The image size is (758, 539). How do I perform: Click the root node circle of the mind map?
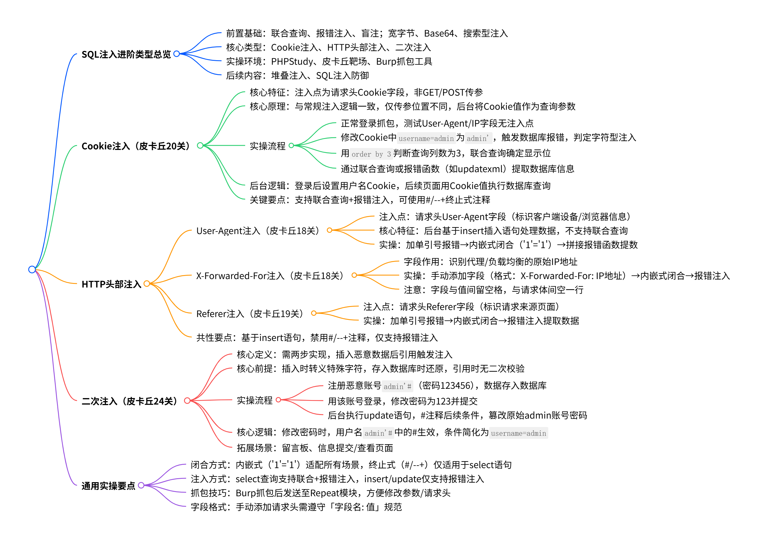32,269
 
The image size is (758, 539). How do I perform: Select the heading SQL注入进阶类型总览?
126,54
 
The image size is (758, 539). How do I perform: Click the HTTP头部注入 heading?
111,284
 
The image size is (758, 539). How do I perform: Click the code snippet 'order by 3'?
371,154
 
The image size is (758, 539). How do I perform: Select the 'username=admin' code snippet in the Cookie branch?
426,138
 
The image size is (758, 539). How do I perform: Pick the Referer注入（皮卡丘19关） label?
251,314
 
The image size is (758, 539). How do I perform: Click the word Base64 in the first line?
439,33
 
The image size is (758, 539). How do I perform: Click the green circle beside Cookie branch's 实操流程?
291,145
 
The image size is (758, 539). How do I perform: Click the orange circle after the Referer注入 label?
313,313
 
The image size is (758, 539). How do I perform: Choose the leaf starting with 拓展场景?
315,448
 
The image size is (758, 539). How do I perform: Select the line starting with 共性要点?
317,338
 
